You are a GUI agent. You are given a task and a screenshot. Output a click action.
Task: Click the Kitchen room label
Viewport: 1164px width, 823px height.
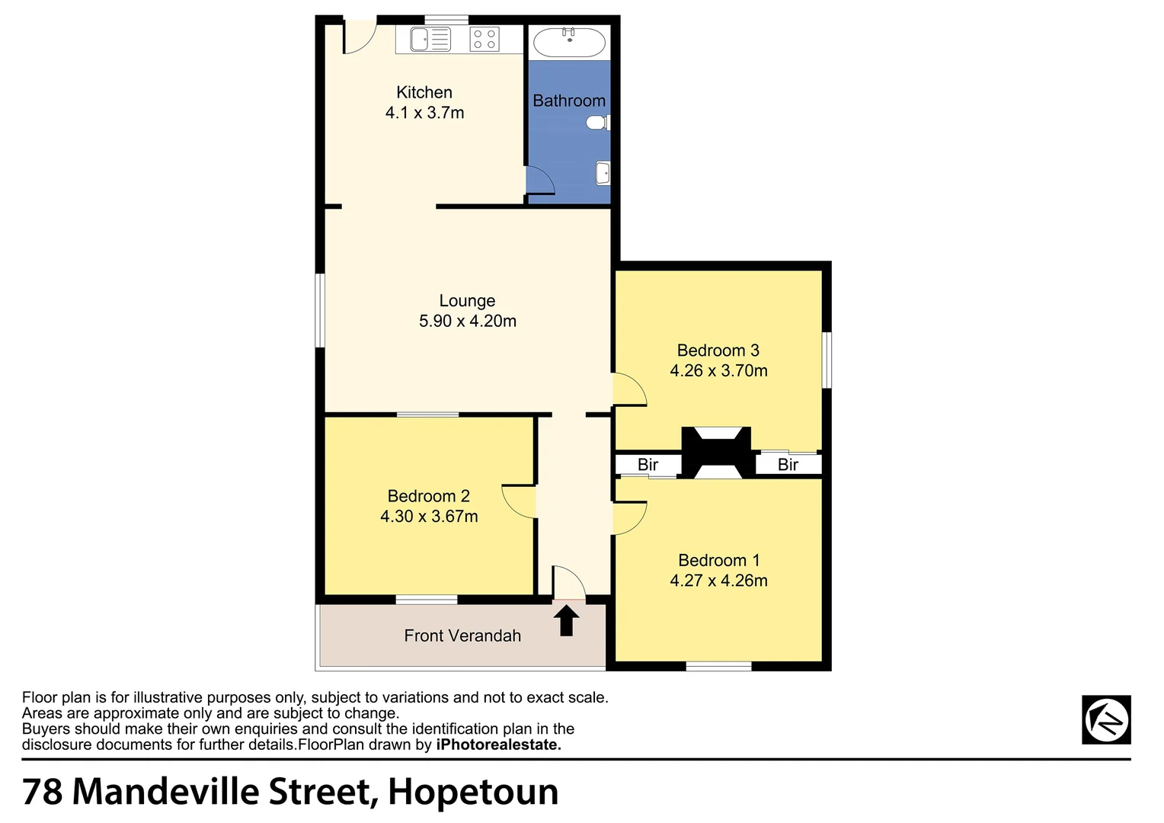[x=424, y=93]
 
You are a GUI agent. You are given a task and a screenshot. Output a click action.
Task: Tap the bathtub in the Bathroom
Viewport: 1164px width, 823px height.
[x=569, y=40]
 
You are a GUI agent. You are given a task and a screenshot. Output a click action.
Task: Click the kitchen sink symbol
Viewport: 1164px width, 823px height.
[x=430, y=39]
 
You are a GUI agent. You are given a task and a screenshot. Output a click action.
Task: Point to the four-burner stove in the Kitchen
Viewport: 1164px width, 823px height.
[x=484, y=39]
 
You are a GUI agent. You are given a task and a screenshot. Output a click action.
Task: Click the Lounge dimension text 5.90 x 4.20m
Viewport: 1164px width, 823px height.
[x=467, y=322]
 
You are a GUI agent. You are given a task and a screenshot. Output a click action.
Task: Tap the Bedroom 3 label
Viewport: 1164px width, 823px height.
[x=718, y=351]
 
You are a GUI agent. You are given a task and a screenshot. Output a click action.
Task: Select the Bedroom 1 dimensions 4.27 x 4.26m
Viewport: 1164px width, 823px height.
[x=718, y=581]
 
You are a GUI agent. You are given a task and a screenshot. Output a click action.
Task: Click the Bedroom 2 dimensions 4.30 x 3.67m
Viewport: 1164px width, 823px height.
[x=429, y=517]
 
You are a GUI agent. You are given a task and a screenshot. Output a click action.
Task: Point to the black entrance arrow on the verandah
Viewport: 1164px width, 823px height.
[x=566, y=620]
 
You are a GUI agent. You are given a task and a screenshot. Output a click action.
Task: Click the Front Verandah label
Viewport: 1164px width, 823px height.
[x=462, y=636]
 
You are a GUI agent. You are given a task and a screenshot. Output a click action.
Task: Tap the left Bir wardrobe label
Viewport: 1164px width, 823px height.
[x=648, y=465]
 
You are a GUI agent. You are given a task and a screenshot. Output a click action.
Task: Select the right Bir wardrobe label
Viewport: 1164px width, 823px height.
[x=788, y=465]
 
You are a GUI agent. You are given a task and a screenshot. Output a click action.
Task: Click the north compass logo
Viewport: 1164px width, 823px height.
[x=1106, y=719]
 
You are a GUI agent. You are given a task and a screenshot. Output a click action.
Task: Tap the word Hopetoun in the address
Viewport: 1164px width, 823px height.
[x=473, y=792]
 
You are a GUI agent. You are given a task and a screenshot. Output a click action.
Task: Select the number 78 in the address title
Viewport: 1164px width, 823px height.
[x=43, y=792]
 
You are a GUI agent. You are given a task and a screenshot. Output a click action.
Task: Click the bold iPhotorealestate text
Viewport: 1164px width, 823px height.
[x=498, y=745]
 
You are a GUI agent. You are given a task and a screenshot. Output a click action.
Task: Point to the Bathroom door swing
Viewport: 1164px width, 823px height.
[x=540, y=181]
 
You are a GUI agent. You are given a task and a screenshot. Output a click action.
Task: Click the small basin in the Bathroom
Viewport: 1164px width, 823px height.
[x=603, y=173]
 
